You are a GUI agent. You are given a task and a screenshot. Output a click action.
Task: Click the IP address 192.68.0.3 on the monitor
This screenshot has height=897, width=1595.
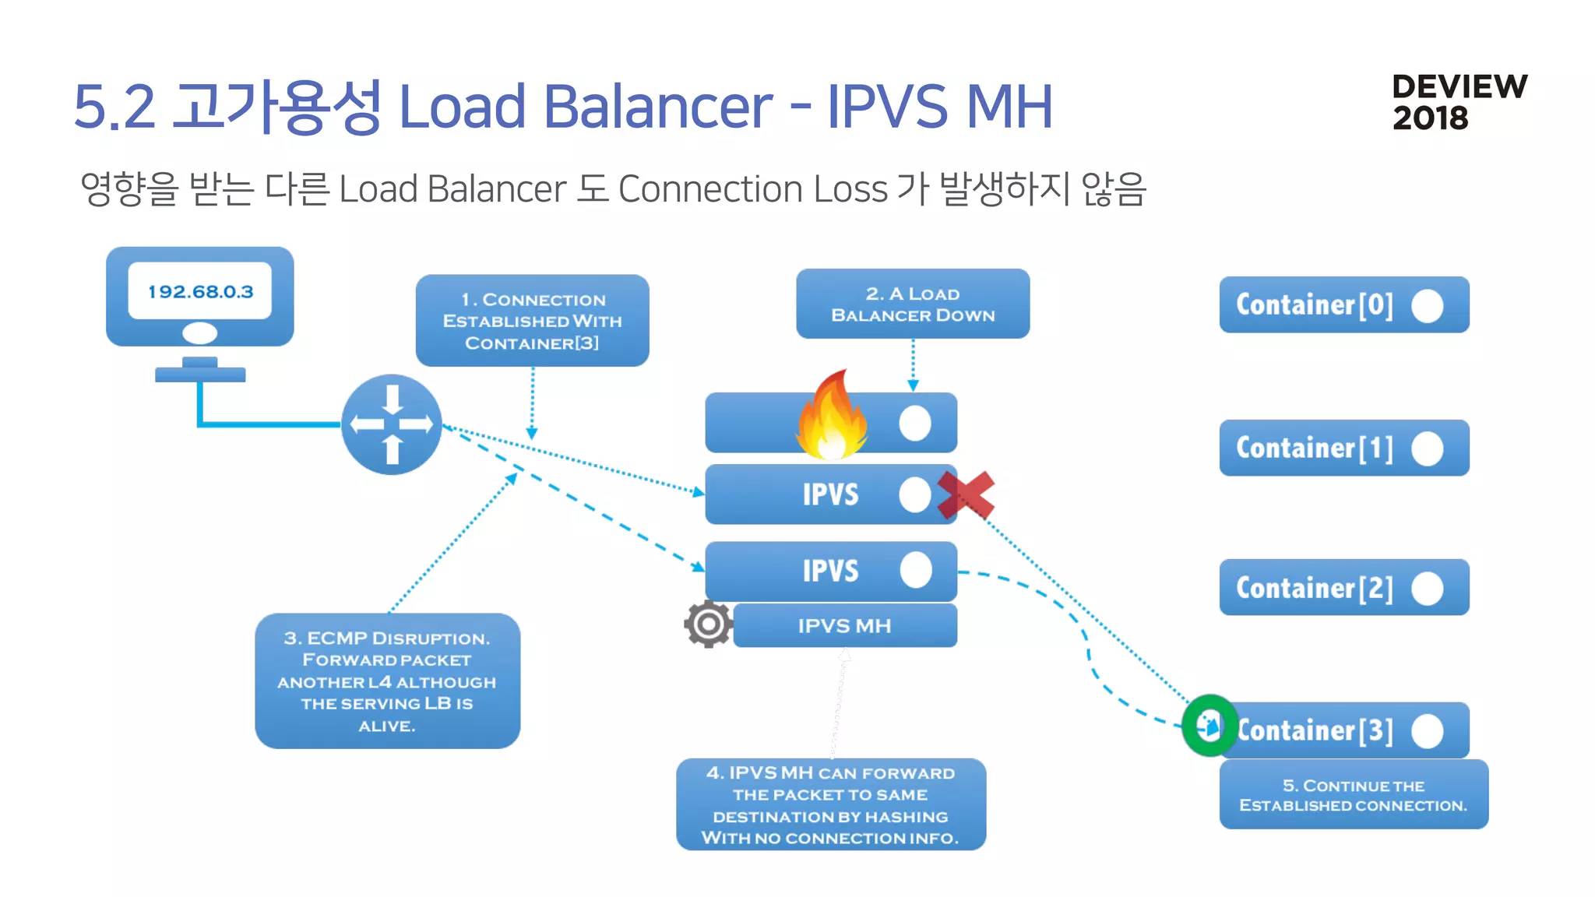coord(200,291)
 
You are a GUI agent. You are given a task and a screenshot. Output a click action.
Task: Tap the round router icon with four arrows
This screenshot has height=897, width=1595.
coord(392,424)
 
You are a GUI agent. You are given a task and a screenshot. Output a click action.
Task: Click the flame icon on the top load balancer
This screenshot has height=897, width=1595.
coord(831,417)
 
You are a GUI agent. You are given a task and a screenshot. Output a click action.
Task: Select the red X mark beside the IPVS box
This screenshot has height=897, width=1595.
coord(966,495)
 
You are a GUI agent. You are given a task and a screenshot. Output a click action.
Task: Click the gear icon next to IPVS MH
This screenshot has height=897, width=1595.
coord(708,624)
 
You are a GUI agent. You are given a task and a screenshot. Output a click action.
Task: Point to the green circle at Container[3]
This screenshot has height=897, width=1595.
coord(1209,726)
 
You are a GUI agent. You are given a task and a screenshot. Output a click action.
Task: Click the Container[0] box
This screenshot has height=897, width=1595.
coord(1343,304)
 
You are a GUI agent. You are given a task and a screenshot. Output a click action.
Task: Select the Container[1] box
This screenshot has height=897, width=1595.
coord(1343,448)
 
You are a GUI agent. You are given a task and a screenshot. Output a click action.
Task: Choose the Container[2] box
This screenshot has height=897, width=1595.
coord(1343,587)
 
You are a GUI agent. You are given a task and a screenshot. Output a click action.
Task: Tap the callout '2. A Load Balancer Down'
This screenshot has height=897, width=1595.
coord(913,304)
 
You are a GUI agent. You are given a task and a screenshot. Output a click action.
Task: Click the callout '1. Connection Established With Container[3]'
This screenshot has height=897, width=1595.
coord(532,320)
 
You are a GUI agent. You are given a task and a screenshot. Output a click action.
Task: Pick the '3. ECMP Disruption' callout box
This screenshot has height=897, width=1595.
coord(387,681)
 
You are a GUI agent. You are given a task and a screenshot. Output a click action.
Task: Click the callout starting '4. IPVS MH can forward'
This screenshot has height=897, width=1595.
coord(831,804)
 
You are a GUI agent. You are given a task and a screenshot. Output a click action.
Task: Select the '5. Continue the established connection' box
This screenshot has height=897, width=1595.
coord(1354,794)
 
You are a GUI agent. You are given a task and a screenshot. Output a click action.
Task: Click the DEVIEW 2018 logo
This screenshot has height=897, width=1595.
coord(1459,102)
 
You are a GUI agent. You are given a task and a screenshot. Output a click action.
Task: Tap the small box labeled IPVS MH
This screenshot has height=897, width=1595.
coord(845,625)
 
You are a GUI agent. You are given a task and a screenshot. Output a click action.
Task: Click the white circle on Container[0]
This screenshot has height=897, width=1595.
coord(1428,305)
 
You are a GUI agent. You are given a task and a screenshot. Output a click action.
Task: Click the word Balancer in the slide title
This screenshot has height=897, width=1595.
coord(657,107)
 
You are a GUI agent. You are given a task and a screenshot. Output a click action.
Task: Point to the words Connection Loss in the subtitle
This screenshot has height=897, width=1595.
coord(752,189)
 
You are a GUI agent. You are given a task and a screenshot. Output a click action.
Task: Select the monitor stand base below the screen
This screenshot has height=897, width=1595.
coord(200,375)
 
